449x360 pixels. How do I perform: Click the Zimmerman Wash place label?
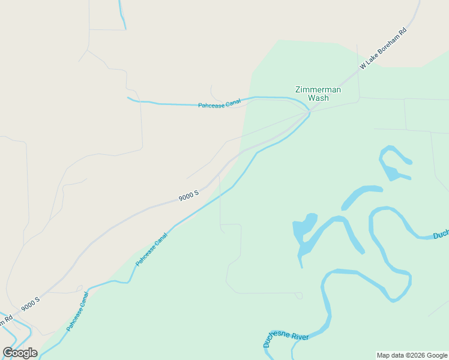pyautogui.click(x=318, y=94)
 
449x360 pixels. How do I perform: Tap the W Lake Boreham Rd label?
pyautogui.click(x=383, y=48)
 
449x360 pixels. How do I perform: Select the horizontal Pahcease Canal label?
pyautogui.click(x=219, y=104)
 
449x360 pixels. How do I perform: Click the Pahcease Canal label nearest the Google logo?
pyautogui.click(x=77, y=311)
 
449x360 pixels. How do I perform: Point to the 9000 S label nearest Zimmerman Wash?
pyautogui.click(x=188, y=196)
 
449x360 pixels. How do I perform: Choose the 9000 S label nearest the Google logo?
pyautogui.click(x=30, y=304)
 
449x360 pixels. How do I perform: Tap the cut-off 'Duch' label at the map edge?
pyautogui.click(x=441, y=235)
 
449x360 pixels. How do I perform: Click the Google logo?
pyautogui.click(x=20, y=352)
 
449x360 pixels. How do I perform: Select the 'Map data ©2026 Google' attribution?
pyautogui.click(x=412, y=355)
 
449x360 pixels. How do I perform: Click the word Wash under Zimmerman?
pyautogui.click(x=318, y=98)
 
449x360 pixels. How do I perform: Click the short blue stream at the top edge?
pyautogui.click(x=122, y=14)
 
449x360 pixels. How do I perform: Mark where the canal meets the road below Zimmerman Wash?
pyautogui.click(x=309, y=113)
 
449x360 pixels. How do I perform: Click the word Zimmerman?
pyautogui.click(x=318, y=90)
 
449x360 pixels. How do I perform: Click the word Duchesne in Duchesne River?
pyautogui.click(x=276, y=340)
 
